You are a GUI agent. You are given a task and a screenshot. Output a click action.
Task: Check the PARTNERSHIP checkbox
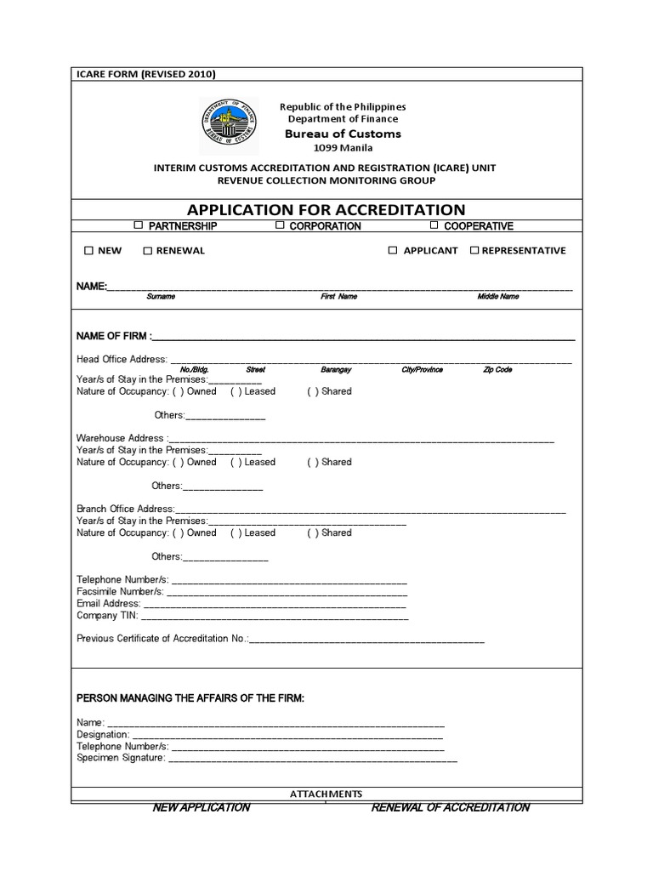(x=139, y=225)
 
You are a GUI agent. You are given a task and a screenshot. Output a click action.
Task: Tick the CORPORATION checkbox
(x=279, y=225)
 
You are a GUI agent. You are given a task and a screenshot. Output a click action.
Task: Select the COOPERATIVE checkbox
(x=434, y=225)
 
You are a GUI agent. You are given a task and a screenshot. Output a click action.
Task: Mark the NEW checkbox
(x=88, y=251)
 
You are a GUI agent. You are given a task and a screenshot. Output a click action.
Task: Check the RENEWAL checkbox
(x=147, y=251)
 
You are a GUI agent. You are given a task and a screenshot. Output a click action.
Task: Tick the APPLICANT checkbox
(x=393, y=251)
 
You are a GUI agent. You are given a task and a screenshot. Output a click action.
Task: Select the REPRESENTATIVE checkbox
(x=474, y=251)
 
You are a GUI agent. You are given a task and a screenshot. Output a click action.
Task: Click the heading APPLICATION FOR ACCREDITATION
(x=326, y=209)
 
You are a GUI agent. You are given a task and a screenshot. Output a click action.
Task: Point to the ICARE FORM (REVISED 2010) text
(x=146, y=74)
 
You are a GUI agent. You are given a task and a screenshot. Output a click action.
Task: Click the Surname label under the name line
(x=161, y=297)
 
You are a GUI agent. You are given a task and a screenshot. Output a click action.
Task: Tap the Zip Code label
(x=497, y=370)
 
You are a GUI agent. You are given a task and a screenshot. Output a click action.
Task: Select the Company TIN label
(x=107, y=615)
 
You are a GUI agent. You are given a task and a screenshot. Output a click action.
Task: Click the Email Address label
(x=108, y=603)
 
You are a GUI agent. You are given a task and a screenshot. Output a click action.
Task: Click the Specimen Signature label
(x=120, y=757)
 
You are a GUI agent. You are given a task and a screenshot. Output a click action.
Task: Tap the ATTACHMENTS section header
(x=326, y=794)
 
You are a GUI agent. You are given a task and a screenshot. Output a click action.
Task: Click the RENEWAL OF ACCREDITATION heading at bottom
(x=450, y=807)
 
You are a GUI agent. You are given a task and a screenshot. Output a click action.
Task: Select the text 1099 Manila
(x=343, y=147)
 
